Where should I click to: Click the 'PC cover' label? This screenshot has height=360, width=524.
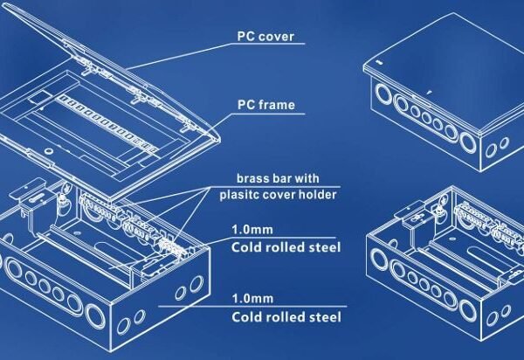[265, 37]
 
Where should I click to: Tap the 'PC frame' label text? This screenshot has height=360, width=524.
[266, 105]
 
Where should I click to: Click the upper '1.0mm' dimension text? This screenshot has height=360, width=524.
[252, 230]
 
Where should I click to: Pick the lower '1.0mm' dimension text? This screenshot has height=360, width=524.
[252, 298]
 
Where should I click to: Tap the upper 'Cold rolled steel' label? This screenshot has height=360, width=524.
[286, 247]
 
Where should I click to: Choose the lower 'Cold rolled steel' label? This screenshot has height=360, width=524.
[286, 317]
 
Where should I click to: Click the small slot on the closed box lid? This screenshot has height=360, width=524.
[379, 62]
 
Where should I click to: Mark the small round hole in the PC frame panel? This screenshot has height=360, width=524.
[48, 151]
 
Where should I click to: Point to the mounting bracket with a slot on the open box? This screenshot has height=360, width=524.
[31, 193]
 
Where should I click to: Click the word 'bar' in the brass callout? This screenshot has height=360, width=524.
[282, 178]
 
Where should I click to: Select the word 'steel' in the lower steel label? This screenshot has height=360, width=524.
[327, 317]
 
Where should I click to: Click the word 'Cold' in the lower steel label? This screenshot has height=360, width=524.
[246, 317]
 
